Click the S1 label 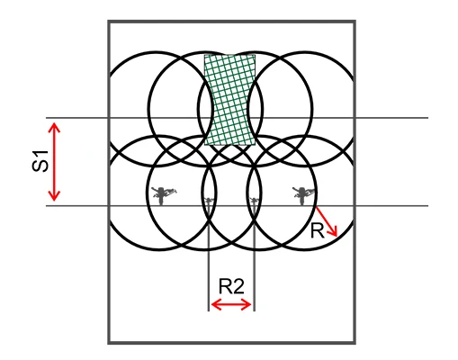point(40,161)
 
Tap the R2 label point(231,286)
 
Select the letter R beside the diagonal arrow point(318,231)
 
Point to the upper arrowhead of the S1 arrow point(54,127)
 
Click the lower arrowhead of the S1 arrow point(54,195)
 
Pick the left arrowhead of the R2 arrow point(216,305)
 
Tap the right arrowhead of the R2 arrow point(246,305)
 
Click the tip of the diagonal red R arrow point(337,237)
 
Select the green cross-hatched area point(229,100)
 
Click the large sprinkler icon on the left point(162,195)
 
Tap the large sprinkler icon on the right point(303,195)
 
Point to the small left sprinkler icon point(209,202)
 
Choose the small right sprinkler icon point(254,202)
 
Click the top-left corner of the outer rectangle point(109,22)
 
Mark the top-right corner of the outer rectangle point(355,22)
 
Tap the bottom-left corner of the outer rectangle point(109,343)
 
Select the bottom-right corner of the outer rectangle point(355,343)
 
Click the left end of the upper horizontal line point(46,118)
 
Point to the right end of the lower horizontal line point(428,206)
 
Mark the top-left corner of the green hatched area point(204,55)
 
